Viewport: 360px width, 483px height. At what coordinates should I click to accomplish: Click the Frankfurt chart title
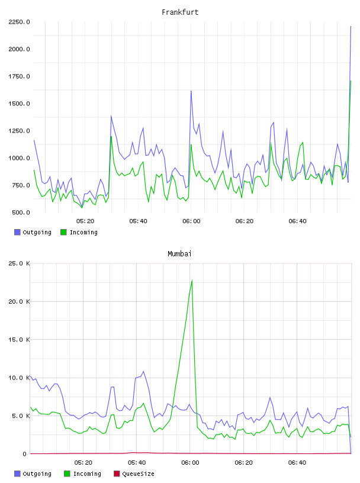coord(180,12)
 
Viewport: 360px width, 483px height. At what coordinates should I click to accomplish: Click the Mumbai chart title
coord(179,254)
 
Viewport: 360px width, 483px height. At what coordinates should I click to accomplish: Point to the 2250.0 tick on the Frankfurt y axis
coord(19,22)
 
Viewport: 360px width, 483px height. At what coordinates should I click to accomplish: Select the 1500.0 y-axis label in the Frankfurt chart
coord(19,104)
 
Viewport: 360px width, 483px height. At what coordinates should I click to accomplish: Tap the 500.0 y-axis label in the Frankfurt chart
coord(21,212)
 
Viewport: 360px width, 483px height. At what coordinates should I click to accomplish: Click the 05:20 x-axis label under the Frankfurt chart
coord(85,221)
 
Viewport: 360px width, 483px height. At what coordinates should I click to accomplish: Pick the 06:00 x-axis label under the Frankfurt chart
coord(191,221)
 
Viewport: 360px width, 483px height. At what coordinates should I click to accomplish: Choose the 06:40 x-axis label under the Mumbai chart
coord(297,463)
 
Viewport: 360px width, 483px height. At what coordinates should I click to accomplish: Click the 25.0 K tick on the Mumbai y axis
coord(19,263)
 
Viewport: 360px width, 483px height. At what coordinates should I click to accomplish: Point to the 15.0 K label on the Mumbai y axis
coord(19,339)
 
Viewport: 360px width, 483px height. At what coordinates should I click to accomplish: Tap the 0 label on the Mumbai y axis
coord(24,454)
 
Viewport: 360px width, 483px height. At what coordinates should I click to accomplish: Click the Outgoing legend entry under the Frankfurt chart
coord(33,232)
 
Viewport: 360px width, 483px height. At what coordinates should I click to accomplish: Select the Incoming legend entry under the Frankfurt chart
coord(79,232)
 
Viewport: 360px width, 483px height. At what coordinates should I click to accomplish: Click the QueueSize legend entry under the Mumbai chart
coord(134,474)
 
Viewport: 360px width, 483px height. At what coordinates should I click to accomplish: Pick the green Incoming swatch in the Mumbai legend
coord(67,474)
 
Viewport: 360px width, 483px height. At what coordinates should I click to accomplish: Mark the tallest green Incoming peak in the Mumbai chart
coord(192,281)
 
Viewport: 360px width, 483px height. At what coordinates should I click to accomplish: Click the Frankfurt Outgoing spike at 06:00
coord(191,91)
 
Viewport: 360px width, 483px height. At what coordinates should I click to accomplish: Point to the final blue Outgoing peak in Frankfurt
coord(351,27)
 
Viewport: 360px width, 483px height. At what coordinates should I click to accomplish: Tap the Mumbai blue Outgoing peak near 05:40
coord(143,372)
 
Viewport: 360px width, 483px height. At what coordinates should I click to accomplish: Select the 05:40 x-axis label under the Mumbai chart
coord(137,463)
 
